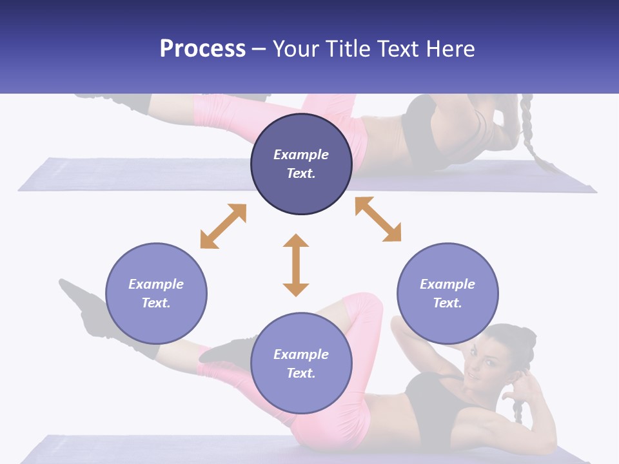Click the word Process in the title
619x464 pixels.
pos(202,49)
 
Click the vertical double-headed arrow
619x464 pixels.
pos(296,265)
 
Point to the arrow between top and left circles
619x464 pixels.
pos(223,226)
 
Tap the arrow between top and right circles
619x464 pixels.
pos(378,219)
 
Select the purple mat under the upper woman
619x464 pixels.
pos(129,175)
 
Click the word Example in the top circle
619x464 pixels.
pos(301,155)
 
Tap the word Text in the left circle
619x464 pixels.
pos(156,303)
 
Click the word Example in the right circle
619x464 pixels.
pos(447,284)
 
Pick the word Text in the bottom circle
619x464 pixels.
pos(301,373)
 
